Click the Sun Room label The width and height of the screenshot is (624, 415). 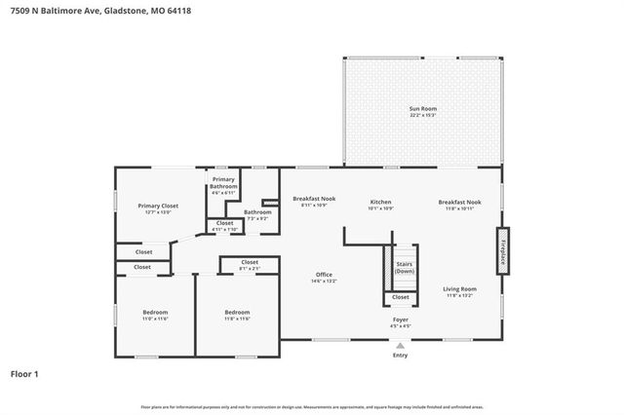point(422,109)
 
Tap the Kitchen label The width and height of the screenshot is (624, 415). point(380,202)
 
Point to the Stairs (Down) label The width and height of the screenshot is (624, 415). point(404,268)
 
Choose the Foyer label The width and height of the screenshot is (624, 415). point(401,320)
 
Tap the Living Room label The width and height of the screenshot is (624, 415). point(459,289)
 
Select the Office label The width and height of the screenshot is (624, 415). point(324,276)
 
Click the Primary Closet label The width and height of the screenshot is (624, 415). point(157,207)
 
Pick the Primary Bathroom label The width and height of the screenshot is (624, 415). point(224,183)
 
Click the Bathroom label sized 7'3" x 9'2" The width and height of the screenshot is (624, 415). point(257,212)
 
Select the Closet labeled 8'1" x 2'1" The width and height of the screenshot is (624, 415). point(250,263)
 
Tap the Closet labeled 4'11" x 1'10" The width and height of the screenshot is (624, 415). point(224,224)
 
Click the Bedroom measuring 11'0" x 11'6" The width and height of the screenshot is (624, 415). point(155,314)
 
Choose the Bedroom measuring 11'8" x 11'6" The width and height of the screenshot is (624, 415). point(237,314)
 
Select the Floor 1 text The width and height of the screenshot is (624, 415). point(25,373)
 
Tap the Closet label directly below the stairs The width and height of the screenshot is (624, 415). point(401,297)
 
